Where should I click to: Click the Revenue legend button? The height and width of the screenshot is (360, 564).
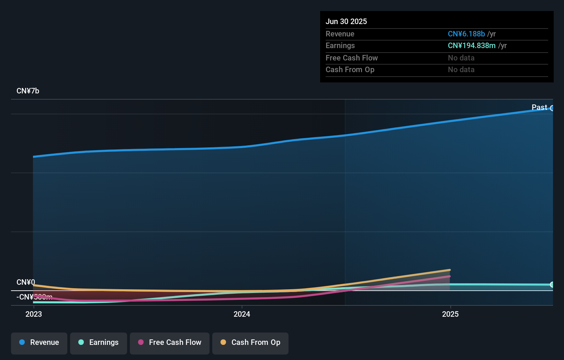[39, 343]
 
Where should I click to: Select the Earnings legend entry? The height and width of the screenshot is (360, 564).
[99, 343]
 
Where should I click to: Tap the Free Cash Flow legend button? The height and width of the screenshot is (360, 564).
[170, 343]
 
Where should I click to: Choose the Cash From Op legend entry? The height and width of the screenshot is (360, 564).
[250, 343]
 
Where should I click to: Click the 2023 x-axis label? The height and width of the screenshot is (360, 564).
[34, 314]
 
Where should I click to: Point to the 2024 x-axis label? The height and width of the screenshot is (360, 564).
[242, 314]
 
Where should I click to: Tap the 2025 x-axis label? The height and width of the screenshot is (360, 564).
[450, 314]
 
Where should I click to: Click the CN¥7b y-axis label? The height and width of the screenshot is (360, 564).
[28, 91]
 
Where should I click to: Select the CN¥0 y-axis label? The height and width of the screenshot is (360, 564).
[26, 282]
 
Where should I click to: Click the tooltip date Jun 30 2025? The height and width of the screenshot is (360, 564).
[346, 22]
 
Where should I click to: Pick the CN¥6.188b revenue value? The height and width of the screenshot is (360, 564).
[466, 34]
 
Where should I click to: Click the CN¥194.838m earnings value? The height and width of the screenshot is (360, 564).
[472, 46]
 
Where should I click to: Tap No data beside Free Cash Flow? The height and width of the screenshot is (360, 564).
[461, 58]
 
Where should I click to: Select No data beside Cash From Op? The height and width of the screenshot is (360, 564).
[461, 70]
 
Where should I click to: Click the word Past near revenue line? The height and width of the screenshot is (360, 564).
[539, 108]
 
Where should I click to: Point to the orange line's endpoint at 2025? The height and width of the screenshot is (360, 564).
[450, 270]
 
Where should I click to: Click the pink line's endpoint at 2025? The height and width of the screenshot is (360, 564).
[450, 276]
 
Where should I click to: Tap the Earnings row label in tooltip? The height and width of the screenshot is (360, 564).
[340, 46]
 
